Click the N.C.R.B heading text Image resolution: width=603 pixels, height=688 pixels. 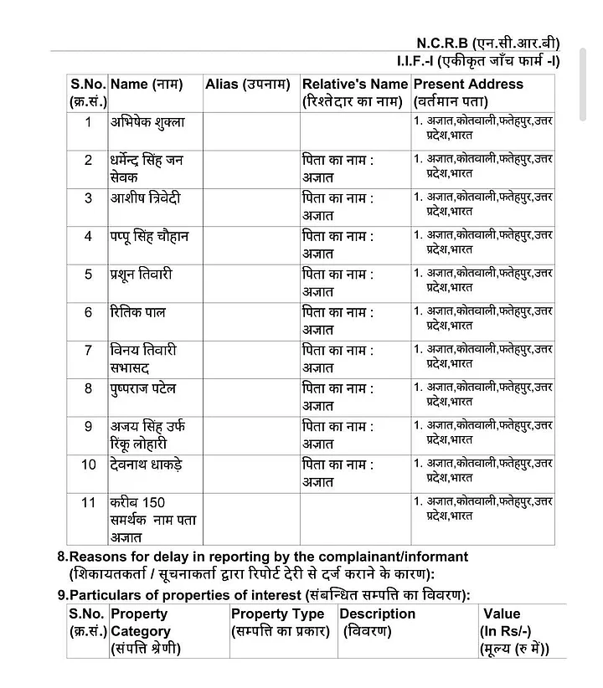coord(488,43)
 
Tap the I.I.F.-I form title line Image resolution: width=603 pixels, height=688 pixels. coord(478,61)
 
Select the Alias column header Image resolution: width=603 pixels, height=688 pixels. coord(247,85)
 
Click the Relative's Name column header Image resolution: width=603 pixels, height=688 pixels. coord(354,92)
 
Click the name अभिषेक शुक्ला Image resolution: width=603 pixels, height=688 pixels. coord(147,122)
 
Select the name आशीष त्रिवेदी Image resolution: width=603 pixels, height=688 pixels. coord(145,198)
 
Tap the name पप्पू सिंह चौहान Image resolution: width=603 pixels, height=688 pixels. coord(149,237)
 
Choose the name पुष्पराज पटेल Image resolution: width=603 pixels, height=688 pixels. coord(143,388)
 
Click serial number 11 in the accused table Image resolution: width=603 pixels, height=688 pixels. coord(88,503)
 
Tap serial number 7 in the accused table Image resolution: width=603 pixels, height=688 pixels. coord(88,350)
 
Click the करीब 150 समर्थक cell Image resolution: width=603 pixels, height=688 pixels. coord(153,520)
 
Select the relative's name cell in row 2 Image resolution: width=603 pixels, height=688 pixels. coord(338,168)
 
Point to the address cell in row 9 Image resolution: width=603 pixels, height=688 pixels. coord(482,432)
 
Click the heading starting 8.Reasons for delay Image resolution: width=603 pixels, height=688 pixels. coord(268,557)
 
